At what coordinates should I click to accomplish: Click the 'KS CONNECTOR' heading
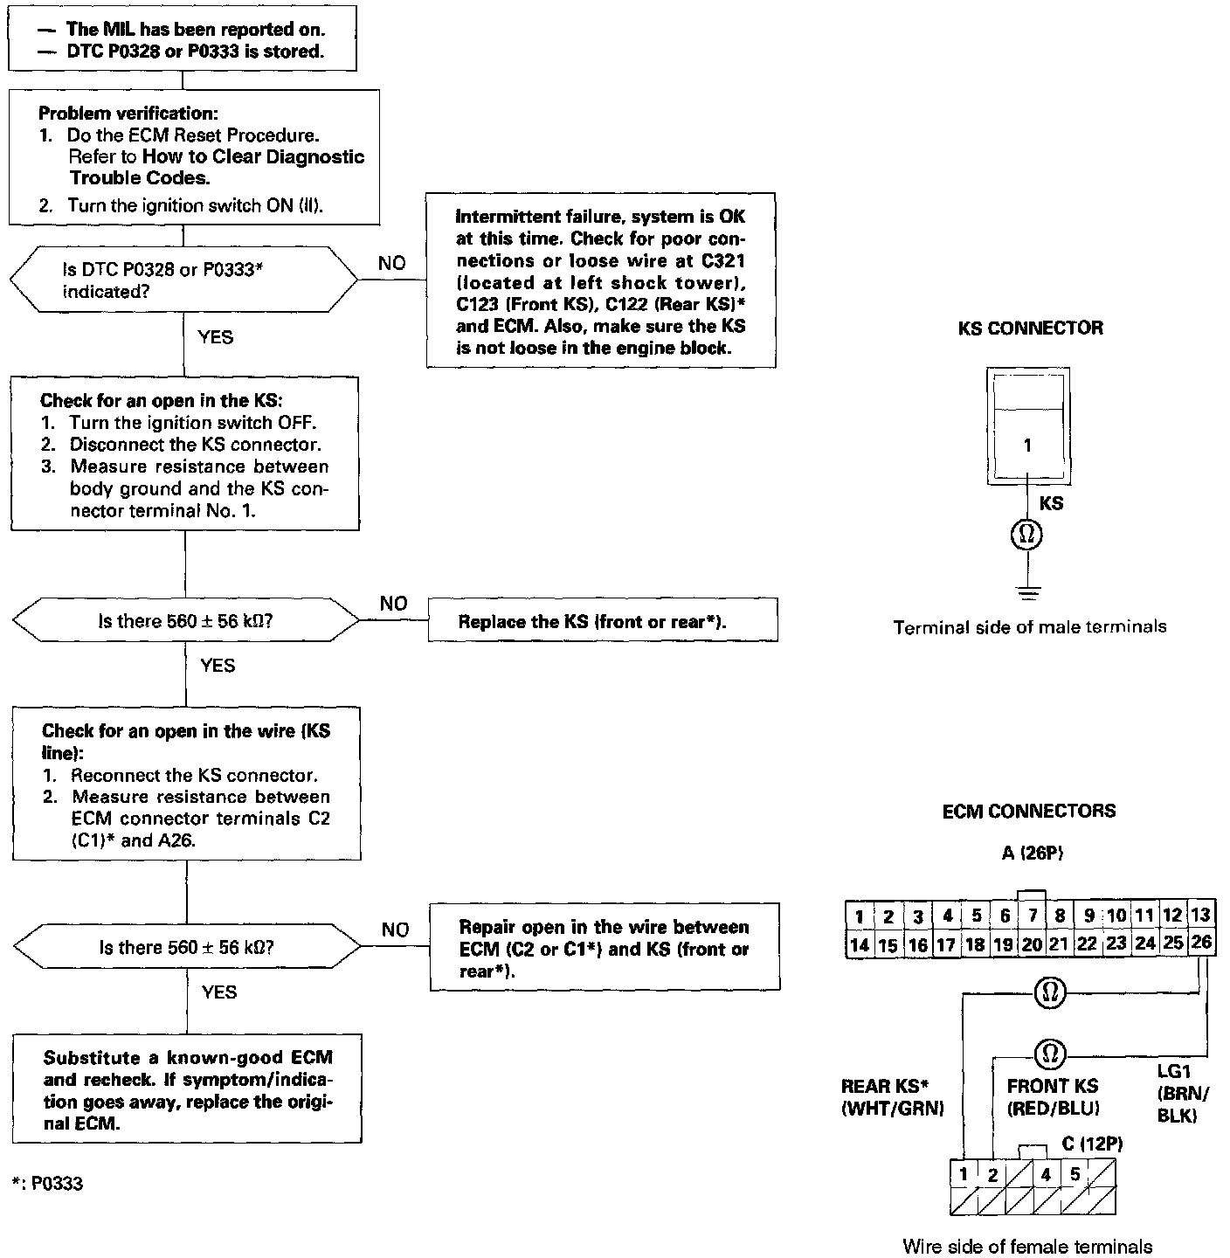click(1030, 328)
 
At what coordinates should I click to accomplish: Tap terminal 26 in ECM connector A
click(1201, 943)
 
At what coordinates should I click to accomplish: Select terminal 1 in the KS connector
click(1027, 445)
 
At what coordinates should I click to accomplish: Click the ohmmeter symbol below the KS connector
click(1027, 534)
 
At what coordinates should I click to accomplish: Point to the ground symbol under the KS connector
click(1028, 593)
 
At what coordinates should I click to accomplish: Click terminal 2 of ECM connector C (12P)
click(992, 1175)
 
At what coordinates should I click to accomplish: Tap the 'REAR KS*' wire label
click(883, 1087)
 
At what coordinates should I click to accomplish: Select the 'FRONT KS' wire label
click(1052, 1087)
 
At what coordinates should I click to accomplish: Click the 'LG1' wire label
click(1173, 1071)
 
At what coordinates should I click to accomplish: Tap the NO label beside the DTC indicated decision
click(392, 263)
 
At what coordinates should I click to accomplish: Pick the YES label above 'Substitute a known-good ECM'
click(219, 992)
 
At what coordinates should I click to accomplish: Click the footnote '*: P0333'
click(49, 1184)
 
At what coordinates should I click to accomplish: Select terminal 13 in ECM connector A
click(1201, 915)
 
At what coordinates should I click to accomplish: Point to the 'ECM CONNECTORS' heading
click(1028, 812)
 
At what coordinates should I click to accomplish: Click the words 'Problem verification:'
click(128, 114)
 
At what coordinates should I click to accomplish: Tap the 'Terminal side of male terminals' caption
click(1029, 627)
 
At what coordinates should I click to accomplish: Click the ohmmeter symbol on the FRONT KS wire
click(1047, 1055)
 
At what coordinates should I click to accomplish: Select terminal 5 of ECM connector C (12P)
click(1075, 1175)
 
